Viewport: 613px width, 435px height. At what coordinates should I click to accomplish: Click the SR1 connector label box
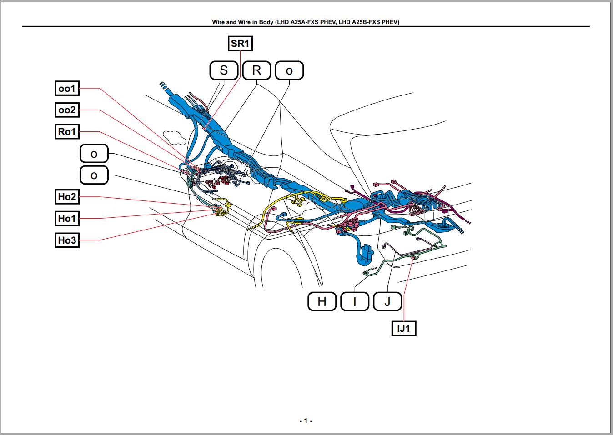(240, 43)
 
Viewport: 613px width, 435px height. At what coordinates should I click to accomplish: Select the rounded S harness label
(224, 70)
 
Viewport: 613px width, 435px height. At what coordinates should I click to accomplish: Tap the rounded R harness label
(256, 70)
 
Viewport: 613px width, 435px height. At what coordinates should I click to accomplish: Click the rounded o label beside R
(289, 70)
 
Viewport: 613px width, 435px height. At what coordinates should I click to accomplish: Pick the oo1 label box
(67, 88)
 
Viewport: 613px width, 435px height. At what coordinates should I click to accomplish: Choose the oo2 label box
(67, 110)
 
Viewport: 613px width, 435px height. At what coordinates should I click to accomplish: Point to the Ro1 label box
(67, 132)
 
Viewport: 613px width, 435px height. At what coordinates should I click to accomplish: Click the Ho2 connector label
(67, 197)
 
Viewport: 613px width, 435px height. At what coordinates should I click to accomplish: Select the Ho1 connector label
(67, 219)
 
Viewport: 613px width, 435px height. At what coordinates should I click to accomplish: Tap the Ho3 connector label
(67, 240)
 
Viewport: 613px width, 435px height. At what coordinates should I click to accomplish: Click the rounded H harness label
(322, 301)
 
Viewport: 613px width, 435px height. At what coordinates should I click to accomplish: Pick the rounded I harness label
(355, 301)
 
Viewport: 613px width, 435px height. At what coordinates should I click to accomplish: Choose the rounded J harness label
(387, 301)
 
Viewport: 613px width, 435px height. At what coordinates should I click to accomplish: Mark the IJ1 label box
(404, 328)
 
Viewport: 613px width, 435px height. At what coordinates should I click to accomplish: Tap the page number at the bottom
(306, 421)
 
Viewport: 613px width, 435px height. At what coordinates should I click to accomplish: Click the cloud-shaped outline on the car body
(172, 137)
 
